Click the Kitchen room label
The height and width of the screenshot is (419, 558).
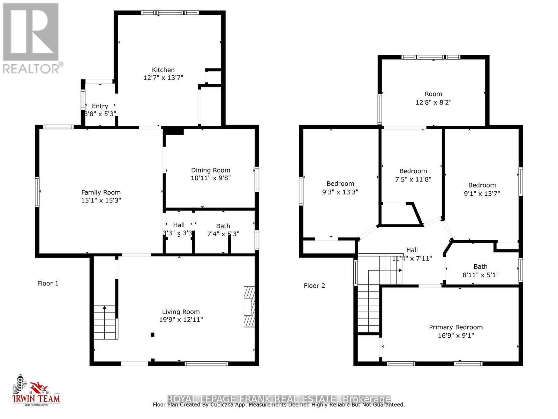163,70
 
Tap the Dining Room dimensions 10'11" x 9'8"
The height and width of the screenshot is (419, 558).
210,178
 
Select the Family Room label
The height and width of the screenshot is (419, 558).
101,192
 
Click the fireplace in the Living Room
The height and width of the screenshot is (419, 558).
249,307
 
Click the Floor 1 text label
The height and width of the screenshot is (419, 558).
48,283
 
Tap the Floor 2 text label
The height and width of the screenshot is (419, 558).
314,286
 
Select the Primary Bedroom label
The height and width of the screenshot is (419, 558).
455,327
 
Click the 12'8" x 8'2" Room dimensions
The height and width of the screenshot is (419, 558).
433,102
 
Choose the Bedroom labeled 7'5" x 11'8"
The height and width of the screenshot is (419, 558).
413,171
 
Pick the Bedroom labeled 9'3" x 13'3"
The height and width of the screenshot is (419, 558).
340,184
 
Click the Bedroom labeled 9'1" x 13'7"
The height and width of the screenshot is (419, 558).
482,185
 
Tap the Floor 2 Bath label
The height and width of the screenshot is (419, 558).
480,266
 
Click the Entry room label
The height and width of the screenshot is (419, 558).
100,106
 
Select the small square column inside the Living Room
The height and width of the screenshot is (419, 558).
152,335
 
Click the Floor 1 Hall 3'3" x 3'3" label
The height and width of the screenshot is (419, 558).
179,225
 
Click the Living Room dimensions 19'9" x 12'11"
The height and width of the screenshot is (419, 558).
181,319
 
